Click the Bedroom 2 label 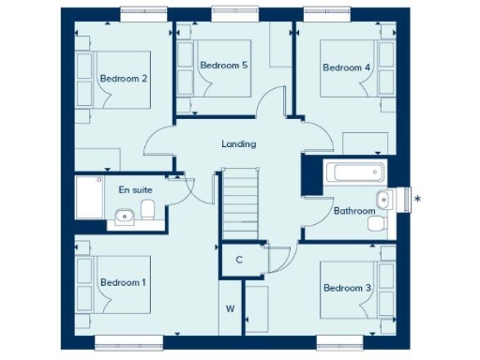(x=124, y=78)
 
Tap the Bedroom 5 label (x=224, y=65)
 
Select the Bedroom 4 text (x=347, y=67)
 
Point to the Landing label (x=238, y=143)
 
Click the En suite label (x=135, y=189)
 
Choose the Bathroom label (x=354, y=211)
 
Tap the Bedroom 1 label (x=123, y=282)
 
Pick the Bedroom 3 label (x=347, y=287)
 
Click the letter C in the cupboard (x=239, y=260)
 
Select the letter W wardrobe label (x=229, y=307)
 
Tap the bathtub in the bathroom (x=352, y=172)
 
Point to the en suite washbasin (x=125, y=218)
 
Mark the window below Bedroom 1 (x=123, y=340)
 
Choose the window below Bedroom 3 (x=344, y=340)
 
